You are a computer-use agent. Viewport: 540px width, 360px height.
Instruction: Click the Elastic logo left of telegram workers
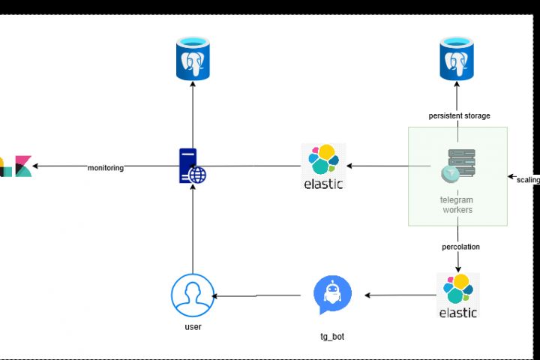(x=322, y=166)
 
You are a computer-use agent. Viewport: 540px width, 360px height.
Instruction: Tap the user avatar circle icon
(x=192, y=295)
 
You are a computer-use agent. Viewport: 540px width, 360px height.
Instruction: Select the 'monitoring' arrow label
(x=105, y=168)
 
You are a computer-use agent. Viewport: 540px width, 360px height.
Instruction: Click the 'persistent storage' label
(x=459, y=115)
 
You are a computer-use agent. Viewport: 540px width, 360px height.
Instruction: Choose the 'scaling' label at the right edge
(x=528, y=179)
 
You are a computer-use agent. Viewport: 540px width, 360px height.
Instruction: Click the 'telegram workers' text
(x=457, y=205)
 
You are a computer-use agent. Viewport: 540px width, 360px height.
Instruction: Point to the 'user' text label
(x=193, y=327)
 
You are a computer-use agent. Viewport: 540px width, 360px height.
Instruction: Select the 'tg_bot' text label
(x=332, y=337)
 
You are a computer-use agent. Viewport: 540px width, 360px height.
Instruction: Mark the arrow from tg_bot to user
(x=262, y=295)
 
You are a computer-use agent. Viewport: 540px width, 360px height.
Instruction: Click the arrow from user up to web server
(x=193, y=229)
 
